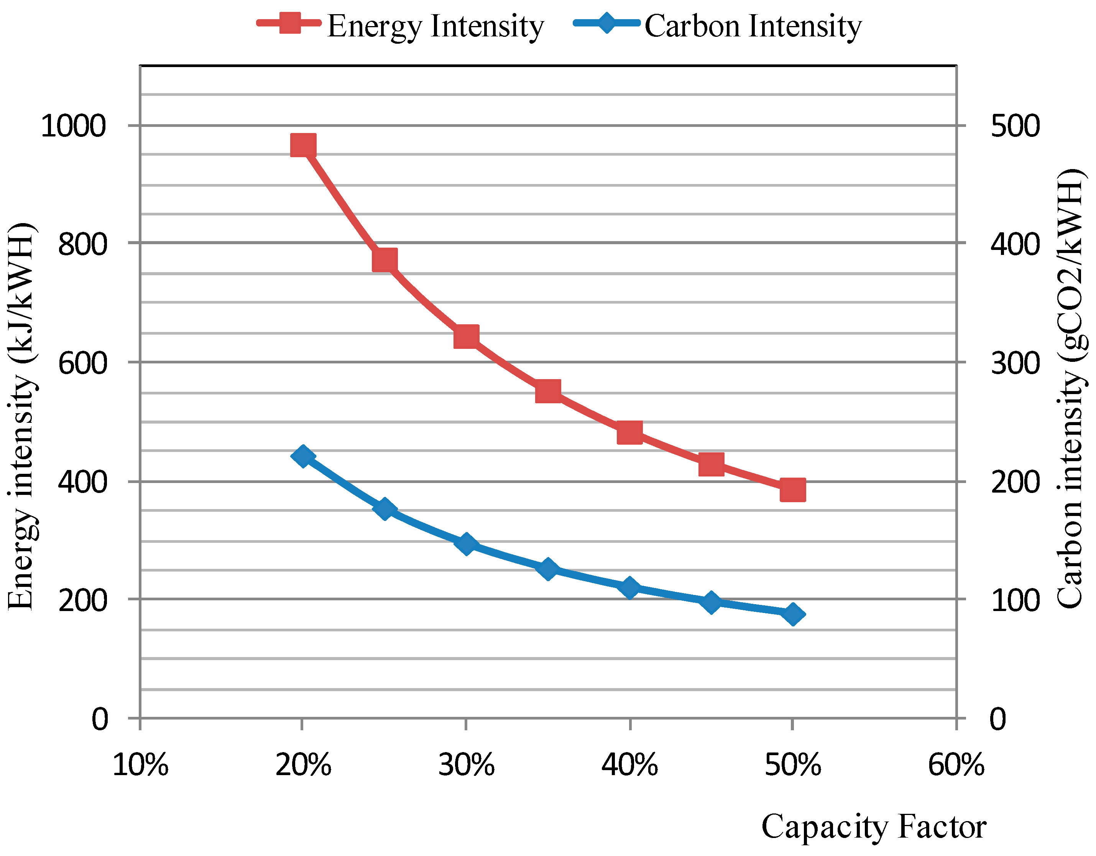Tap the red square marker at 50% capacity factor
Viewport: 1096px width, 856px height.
click(x=793, y=490)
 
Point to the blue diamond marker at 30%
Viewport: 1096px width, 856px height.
click(x=466, y=544)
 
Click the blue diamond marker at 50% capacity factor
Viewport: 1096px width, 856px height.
click(x=793, y=614)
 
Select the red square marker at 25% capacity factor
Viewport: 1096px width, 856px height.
click(x=385, y=260)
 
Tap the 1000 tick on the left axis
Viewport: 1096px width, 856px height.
click(x=73, y=125)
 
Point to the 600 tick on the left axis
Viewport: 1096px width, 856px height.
click(x=83, y=362)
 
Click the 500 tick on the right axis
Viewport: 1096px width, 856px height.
click(x=1015, y=125)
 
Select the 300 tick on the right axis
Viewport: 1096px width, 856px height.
click(x=1015, y=362)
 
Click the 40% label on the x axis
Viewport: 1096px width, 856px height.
click(x=629, y=765)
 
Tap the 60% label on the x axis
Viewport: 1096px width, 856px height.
click(x=956, y=765)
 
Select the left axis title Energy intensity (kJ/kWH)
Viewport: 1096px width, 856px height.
click(x=21, y=416)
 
